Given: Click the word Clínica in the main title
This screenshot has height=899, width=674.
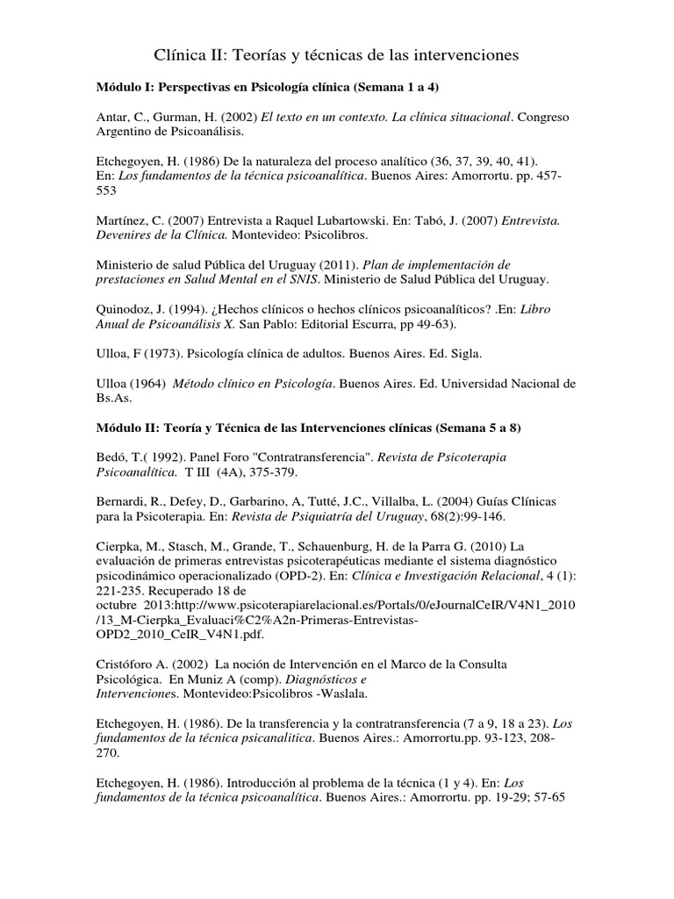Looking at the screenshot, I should click(x=181, y=56).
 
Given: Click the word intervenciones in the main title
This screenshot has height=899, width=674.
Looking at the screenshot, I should click(x=462, y=56).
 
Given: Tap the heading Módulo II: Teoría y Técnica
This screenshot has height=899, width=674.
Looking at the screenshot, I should click(x=308, y=428).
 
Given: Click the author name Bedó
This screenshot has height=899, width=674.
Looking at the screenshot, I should click(x=111, y=457).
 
